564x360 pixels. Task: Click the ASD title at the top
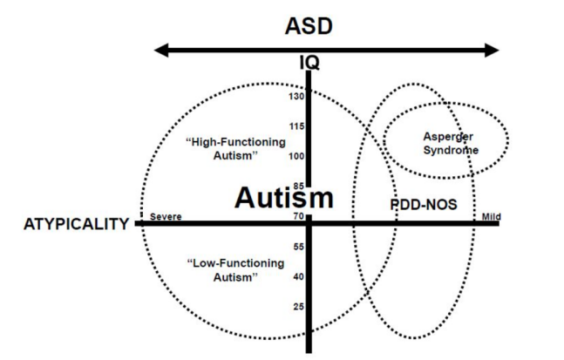[x=309, y=26]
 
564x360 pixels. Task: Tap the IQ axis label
[x=309, y=62]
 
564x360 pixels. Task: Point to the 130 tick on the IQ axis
[x=295, y=96]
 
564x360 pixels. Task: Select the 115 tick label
[x=295, y=127]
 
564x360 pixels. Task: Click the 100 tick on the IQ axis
[x=295, y=157]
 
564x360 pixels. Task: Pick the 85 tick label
[x=296, y=186]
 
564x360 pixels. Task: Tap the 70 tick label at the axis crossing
[x=297, y=216]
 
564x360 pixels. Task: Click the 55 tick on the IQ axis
[x=296, y=247]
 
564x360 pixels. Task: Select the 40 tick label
[x=296, y=276]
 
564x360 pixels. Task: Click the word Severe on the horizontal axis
[x=165, y=217]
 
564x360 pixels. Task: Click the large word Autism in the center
[x=283, y=198]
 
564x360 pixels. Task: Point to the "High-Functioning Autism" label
[x=220, y=148]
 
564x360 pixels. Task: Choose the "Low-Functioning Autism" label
[x=223, y=269]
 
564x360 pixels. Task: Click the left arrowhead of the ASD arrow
[x=161, y=51]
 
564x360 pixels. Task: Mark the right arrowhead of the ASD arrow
[x=494, y=51]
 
